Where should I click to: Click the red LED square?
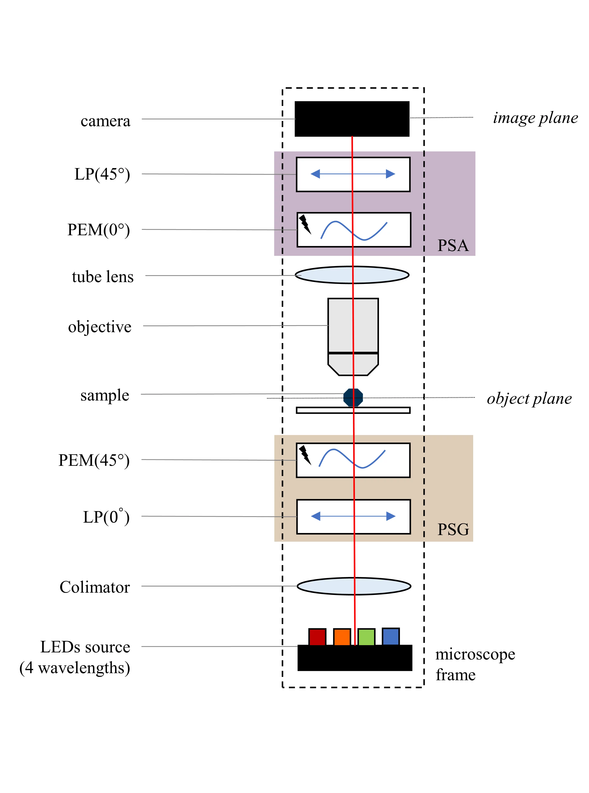(x=317, y=637)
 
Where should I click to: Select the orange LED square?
(x=342, y=637)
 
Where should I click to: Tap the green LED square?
(x=366, y=637)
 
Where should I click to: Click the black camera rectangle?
(x=321, y=119)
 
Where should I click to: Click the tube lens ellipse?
(x=321, y=275)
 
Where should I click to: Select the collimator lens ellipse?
(x=321, y=586)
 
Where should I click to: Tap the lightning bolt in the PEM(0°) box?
(x=304, y=224)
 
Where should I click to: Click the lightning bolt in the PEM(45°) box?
(x=304, y=455)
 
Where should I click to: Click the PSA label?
(x=453, y=245)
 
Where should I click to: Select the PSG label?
(x=453, y=529)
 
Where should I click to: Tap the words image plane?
(x=535, y=118)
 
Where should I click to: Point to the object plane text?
(x=529, y=399)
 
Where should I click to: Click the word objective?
(x=100, y=327)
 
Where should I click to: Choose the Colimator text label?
(x=94, y=587)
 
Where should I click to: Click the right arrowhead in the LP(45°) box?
(x=391, y=174)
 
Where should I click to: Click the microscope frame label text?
(x=475, y=664)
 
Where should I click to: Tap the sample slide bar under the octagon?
(x=321, y=410)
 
